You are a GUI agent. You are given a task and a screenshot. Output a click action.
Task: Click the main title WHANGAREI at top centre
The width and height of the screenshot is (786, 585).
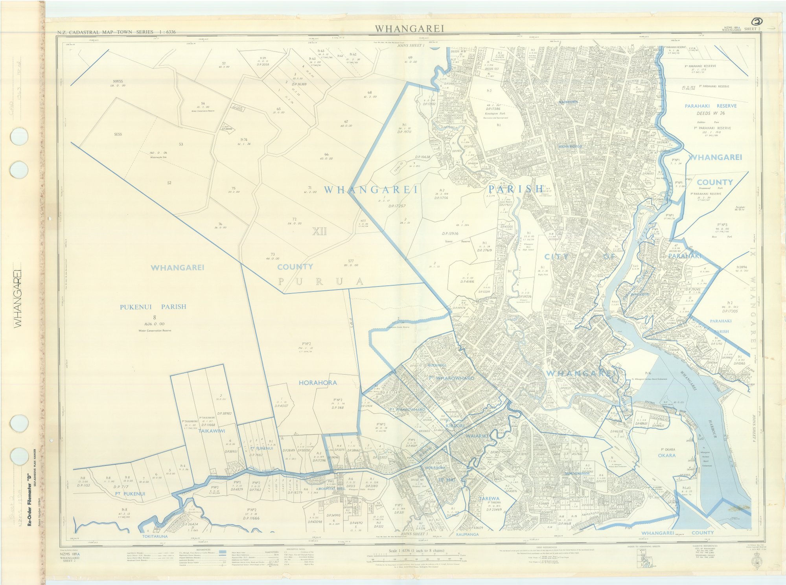tap(409, 29)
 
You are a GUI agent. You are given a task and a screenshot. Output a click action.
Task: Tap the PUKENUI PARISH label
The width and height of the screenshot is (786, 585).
tap(153, 307)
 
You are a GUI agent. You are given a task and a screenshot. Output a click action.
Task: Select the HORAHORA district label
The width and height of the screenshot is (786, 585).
tap(318, 383)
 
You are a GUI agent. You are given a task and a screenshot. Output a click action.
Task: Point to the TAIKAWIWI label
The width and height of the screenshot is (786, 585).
tap(212, 431)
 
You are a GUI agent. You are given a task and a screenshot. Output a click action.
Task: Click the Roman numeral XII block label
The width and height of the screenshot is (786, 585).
tap(319, 232)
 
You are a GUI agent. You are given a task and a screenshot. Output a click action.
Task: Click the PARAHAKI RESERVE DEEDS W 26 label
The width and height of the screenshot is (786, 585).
tap(711, 109)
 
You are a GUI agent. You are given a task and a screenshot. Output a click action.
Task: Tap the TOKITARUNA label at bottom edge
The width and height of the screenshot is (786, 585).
tap(155, 536)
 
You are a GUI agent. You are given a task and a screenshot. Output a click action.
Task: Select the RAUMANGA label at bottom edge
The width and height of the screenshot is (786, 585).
tap(467, 535)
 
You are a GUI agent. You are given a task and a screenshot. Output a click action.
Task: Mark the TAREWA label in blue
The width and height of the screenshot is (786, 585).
tap(489, 499)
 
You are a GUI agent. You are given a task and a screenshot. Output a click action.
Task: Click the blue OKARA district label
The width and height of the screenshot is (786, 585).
tap(666, 455)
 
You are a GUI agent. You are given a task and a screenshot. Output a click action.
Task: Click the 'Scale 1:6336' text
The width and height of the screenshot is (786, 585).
tap(409, 551)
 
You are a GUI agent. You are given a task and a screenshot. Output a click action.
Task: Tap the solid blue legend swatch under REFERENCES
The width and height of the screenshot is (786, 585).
tap(222, 552)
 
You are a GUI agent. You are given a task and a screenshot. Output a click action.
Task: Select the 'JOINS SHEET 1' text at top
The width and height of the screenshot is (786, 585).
tap(411, 46)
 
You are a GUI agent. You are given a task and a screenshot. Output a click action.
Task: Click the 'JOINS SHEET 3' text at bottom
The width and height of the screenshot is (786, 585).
tap(414, 534)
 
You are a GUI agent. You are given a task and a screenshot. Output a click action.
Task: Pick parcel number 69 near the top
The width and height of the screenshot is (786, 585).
tap(410, 58)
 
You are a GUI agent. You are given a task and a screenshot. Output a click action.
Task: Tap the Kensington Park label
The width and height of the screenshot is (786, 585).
tap(494, 113)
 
